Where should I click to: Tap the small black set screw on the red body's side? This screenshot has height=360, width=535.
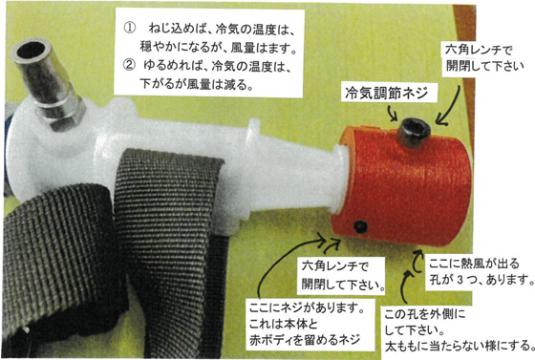(x=361, y=226)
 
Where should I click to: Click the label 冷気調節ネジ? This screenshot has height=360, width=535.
(x=386, y=93)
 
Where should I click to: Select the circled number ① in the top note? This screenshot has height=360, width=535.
(x=130, y=29)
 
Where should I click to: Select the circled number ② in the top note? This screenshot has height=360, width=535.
(x=129, y=65)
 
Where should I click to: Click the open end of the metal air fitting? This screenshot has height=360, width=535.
(x=32, y=51)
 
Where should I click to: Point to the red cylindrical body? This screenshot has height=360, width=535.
(x=402, y=184)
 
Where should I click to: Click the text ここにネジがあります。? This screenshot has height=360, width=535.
(x=306, y=308)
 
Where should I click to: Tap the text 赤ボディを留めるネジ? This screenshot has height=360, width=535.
(x=305, y=340)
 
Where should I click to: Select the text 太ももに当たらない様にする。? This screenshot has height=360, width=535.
(x=460, y=346)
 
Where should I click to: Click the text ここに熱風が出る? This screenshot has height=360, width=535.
(x=474, y=264)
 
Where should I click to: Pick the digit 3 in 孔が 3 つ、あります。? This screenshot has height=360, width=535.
(x=459, y=280)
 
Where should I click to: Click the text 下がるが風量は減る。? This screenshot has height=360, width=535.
(x=197, y=84)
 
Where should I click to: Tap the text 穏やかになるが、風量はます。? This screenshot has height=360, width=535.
(x=218, y=48)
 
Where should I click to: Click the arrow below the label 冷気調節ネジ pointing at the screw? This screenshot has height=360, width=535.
(x=393, y=114)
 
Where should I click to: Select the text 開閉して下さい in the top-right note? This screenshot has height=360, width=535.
(x=485, y=66)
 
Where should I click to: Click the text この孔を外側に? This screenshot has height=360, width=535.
(x=424, y=314)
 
